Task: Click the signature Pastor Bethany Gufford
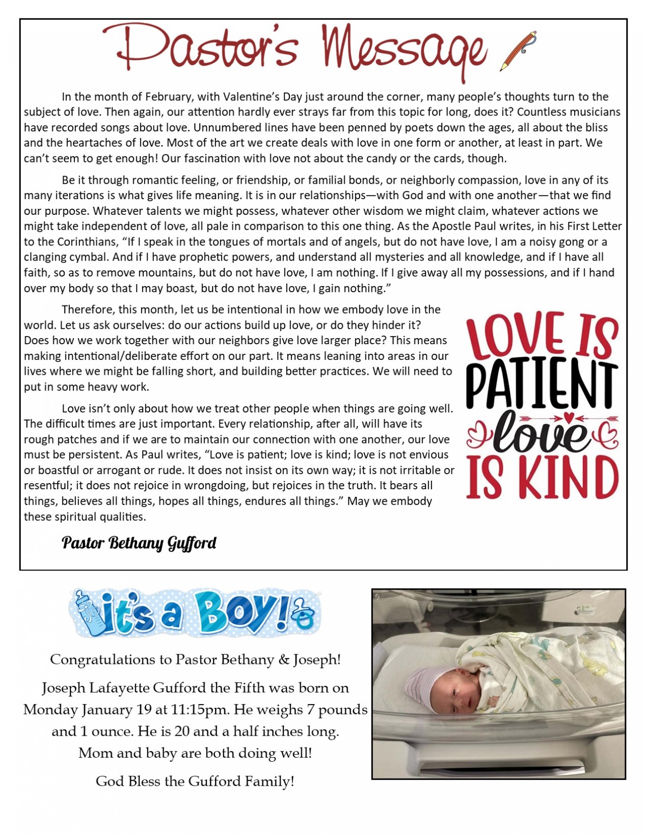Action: coord(139,543)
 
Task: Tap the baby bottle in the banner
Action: coord(88,612)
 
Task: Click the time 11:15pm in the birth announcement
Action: coord(248,709)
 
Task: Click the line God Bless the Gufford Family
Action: coord(195,781)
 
